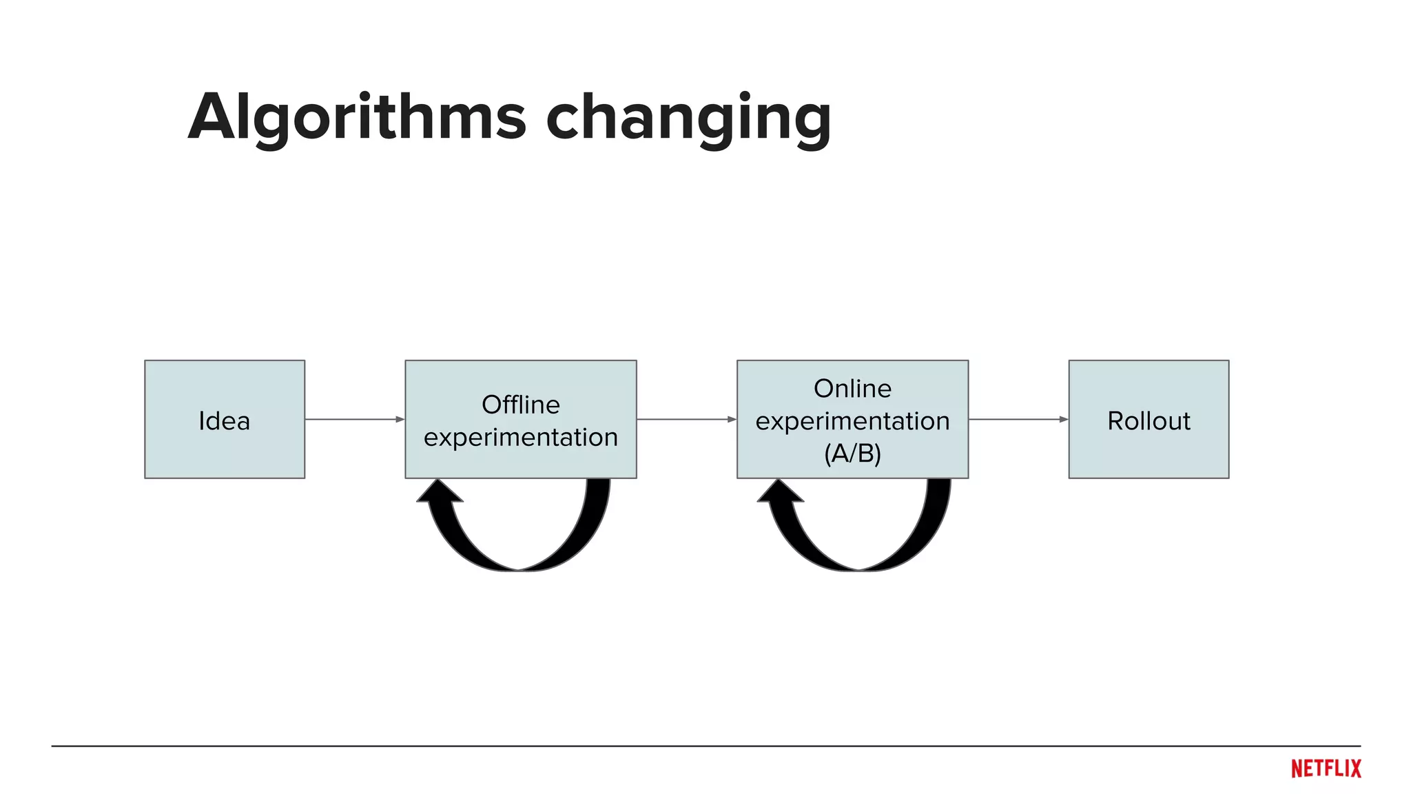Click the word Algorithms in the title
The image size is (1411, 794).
[357, 117]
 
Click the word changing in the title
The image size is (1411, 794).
[688, 119]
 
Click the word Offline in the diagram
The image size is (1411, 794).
[520, 405]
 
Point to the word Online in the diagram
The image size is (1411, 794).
[852, 389]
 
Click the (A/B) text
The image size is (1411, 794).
[852, 454]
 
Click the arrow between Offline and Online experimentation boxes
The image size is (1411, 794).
[686, 419]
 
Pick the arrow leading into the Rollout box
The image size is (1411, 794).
[1018, 419]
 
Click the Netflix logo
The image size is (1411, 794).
[1326, 768]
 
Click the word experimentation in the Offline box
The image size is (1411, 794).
[520, 437]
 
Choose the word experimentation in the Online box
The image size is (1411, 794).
[852, 421]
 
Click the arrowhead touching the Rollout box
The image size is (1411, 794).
[1064, 419]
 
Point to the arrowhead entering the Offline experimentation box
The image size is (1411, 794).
[400, 419]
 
